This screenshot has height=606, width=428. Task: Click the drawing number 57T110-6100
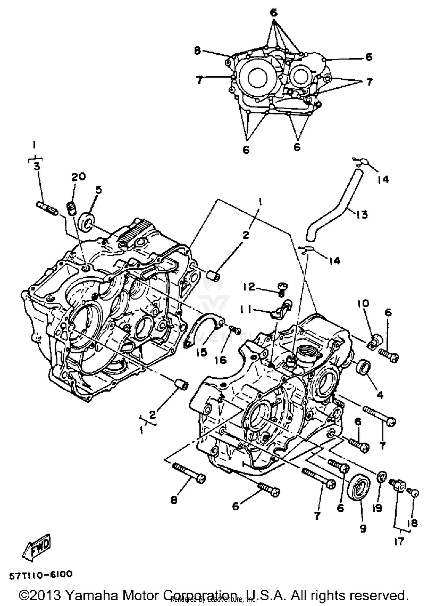point(41,575)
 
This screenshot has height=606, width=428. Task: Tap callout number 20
point(78,177)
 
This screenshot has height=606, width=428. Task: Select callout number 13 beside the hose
point(362,214)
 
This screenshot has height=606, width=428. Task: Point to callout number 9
point(363,529)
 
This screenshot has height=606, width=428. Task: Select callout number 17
point(399,541)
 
